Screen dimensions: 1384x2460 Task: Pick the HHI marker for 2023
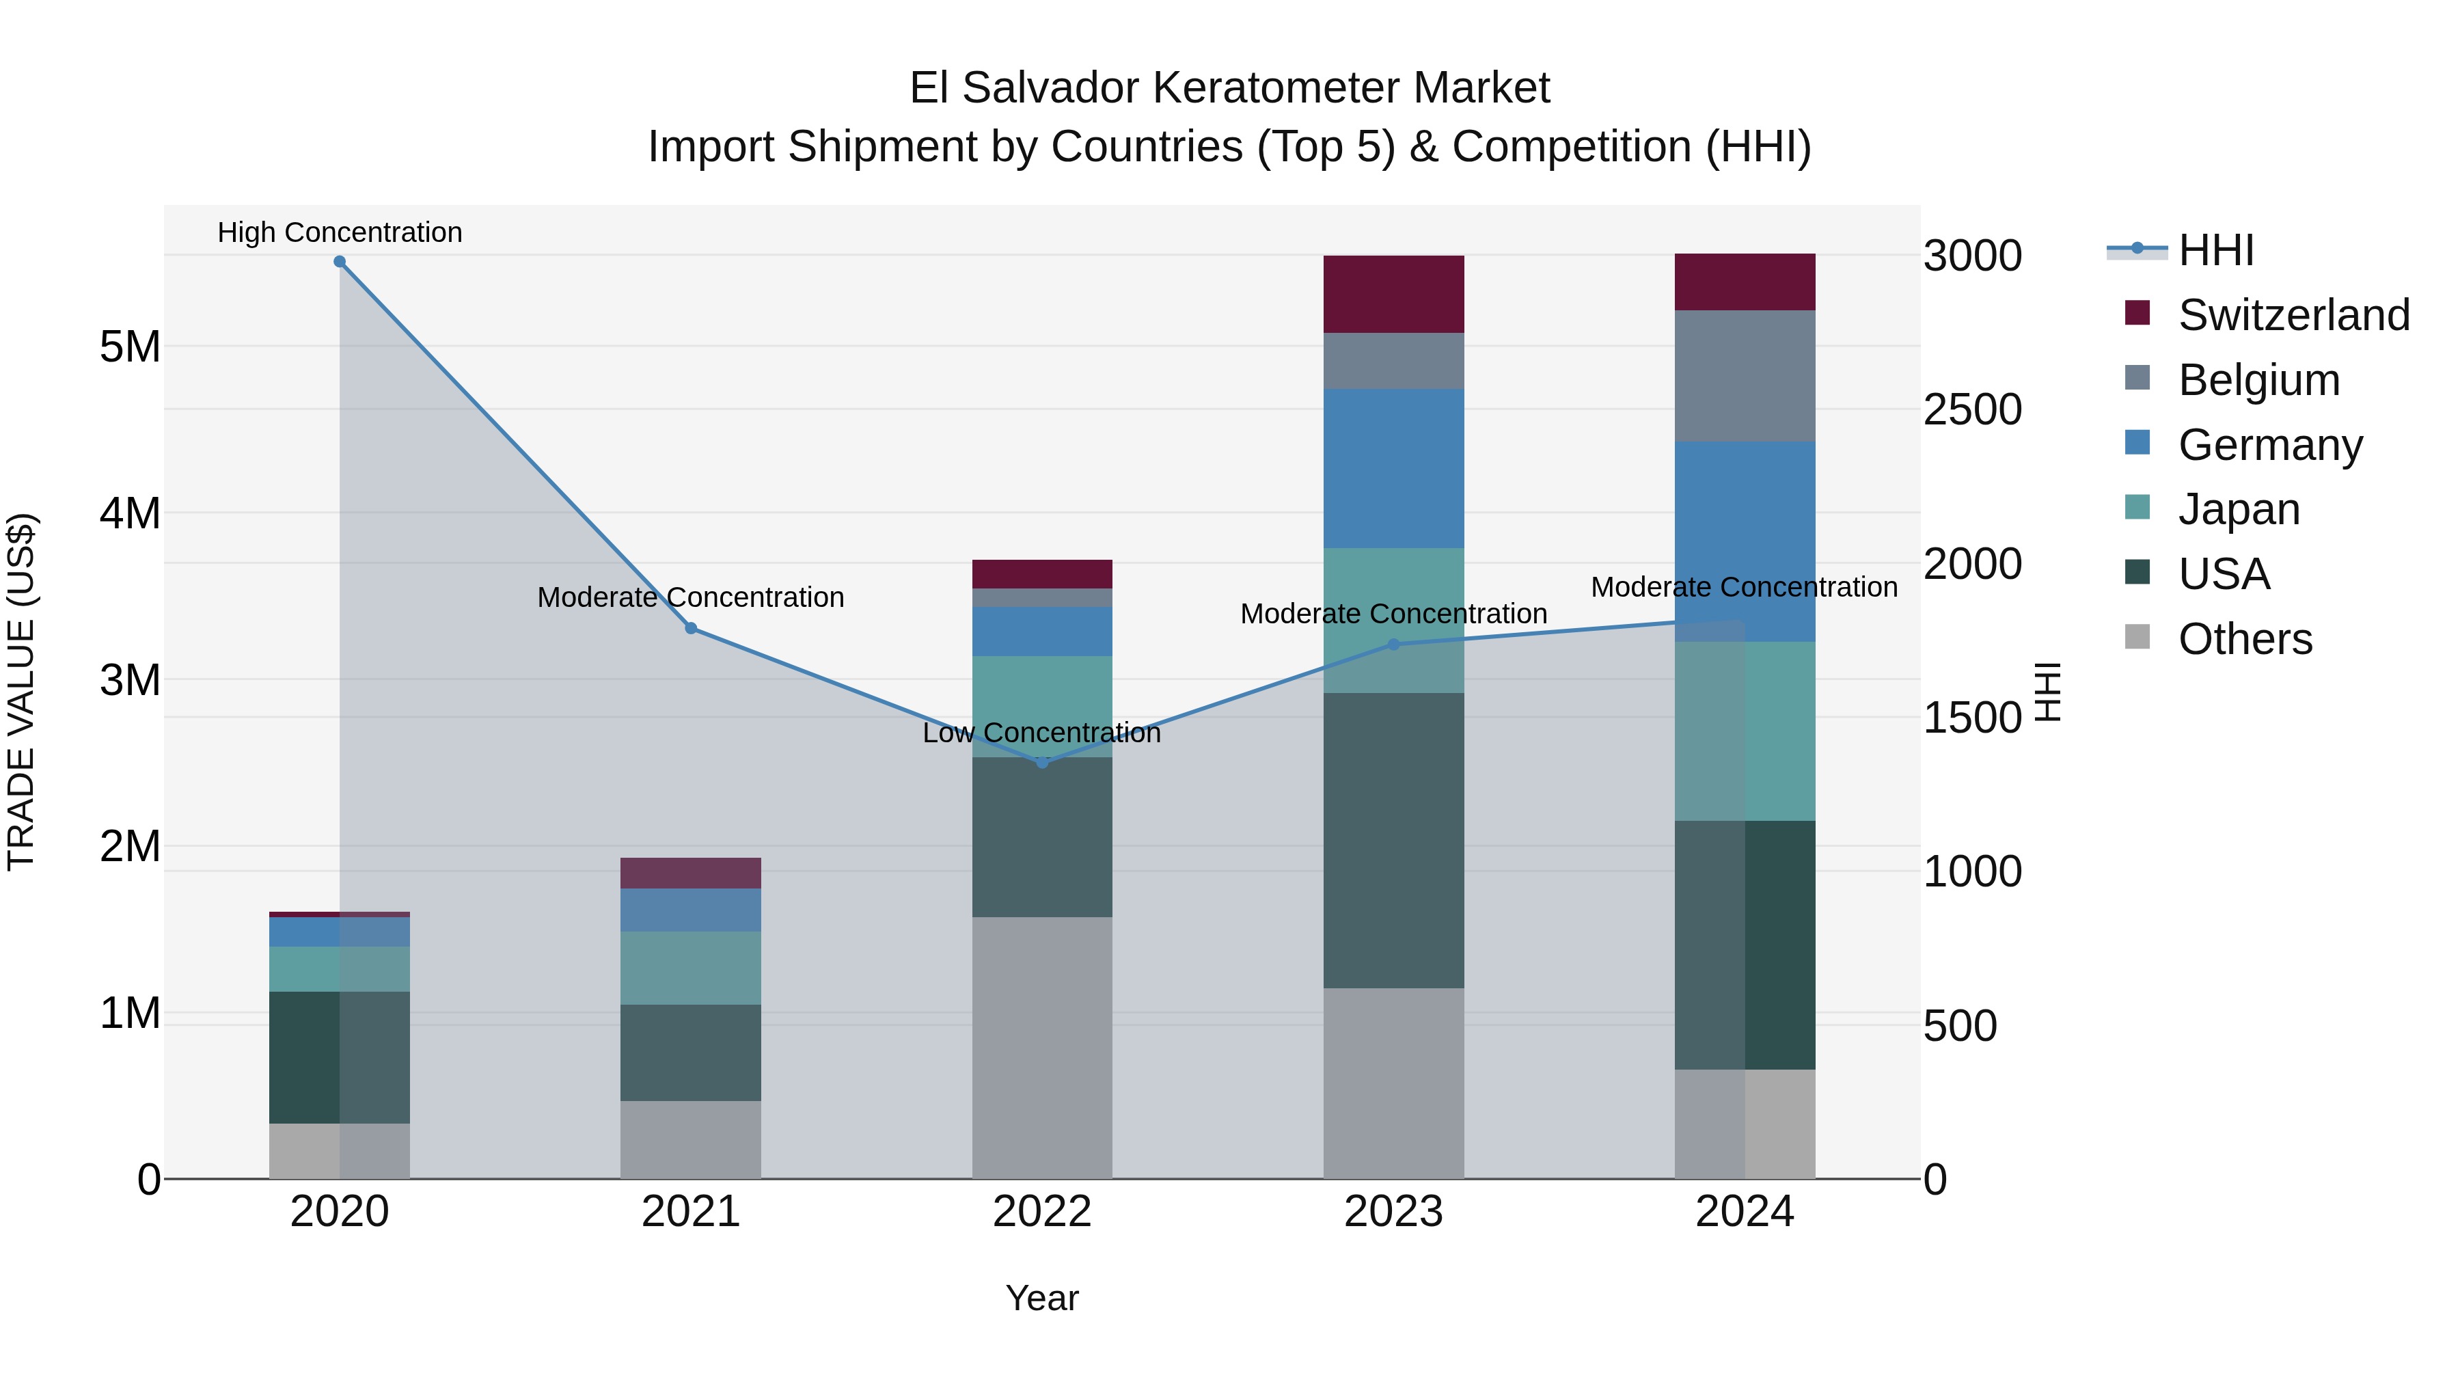[1393, 644]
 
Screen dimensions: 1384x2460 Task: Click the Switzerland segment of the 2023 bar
[1393, 294]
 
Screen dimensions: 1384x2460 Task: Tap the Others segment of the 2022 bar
[1042, 1048]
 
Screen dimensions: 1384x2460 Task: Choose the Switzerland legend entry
[2293, 315]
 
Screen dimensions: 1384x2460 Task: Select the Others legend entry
[2244, 639]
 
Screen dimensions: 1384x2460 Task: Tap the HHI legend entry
[2215, 250]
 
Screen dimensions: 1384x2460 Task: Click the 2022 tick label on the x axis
[1042, 1212]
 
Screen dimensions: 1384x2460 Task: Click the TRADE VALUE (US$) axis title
[21, 692]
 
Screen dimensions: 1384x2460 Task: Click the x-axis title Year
[1042, 1298]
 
